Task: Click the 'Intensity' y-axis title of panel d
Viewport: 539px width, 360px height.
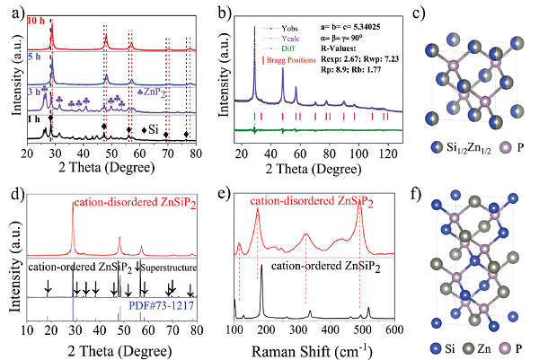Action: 12,260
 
